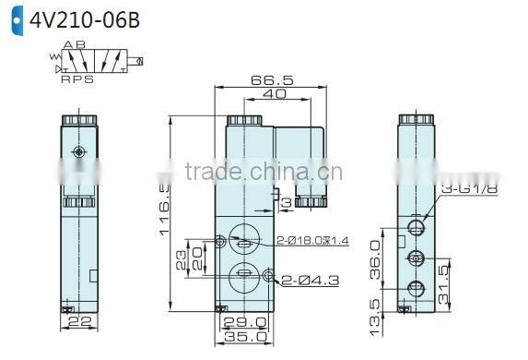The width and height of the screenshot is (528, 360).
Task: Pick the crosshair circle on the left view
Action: pos(80,151)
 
